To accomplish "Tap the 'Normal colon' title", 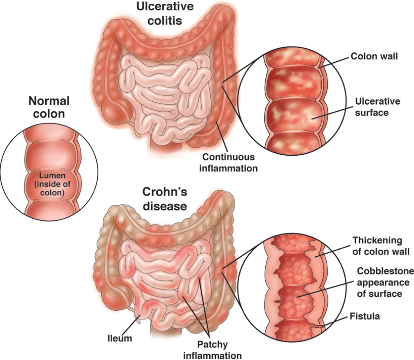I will click(x=49, y=107).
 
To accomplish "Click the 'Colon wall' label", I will click(x=374, y=56).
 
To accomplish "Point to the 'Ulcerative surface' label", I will click(x=372, y=106).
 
